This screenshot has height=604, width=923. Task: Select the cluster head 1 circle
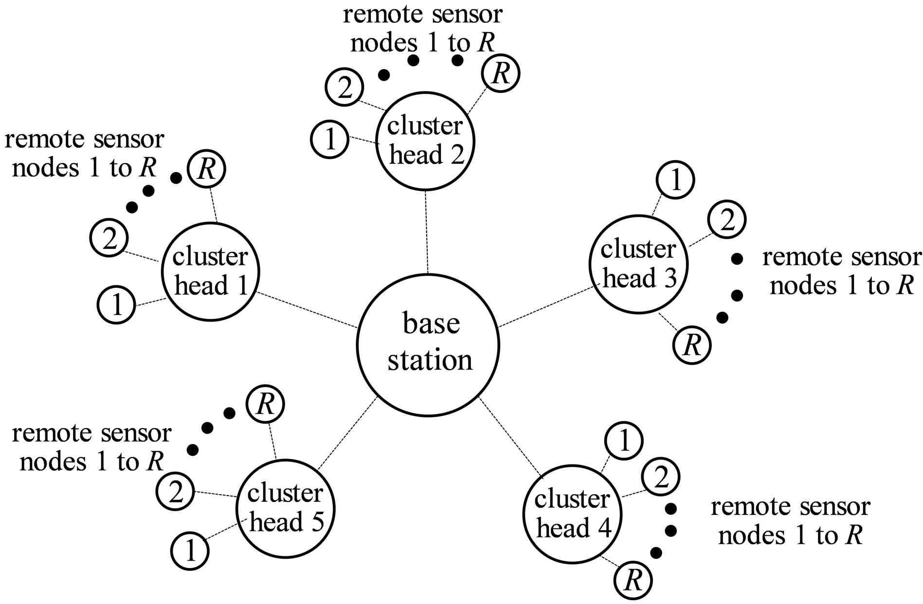(x=210, y=271)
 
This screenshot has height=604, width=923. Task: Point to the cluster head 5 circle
(x=285, y=508)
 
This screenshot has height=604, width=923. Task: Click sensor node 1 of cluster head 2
(x=330, y=140)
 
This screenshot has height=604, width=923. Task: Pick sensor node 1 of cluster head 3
(x=675, y=180)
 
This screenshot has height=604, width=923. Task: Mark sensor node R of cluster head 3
(x=691, y=345)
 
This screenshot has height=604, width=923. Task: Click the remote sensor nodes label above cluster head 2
(x=422, y=29)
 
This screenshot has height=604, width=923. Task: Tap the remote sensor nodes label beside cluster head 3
(x=841, y=272)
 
